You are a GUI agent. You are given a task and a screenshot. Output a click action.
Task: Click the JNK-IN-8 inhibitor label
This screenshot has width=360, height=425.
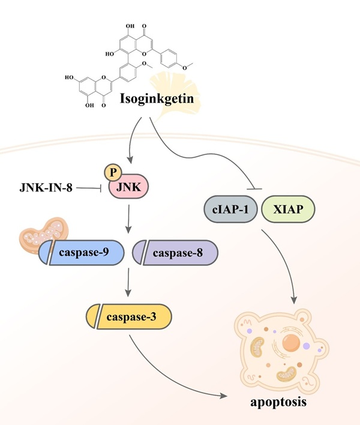(x=45, y=189)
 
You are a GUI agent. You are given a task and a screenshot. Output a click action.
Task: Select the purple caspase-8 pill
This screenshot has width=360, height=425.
(x=175, y=252)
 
